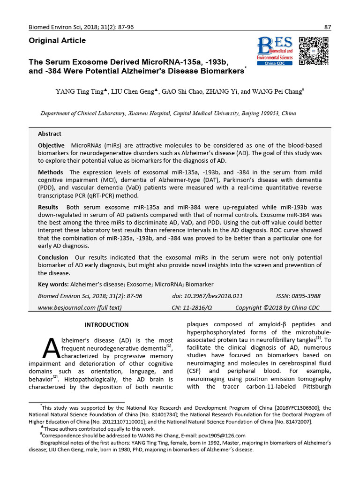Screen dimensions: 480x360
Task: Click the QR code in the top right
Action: click(314, 51)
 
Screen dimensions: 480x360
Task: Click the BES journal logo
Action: click(275, 48)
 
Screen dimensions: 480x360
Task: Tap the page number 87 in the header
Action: click(328, 27)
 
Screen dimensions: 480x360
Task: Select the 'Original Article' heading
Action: click(57, 41)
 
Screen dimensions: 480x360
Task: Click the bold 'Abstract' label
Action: click(50, 134)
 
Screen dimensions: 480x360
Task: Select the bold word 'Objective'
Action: click(51, 146)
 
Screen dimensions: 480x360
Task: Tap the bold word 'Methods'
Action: click(50, 172)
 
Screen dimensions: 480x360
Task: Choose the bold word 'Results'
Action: click(48, 207)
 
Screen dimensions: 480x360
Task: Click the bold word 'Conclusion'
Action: click(53, 257)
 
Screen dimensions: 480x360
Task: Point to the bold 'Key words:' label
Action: click(53, 285)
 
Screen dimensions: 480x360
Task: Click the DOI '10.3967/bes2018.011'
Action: click(217, 296)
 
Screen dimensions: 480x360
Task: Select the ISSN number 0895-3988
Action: click(305, 296)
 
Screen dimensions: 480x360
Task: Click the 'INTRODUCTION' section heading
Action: click(106, 325)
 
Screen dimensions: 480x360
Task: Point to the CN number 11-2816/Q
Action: click(199, 307)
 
